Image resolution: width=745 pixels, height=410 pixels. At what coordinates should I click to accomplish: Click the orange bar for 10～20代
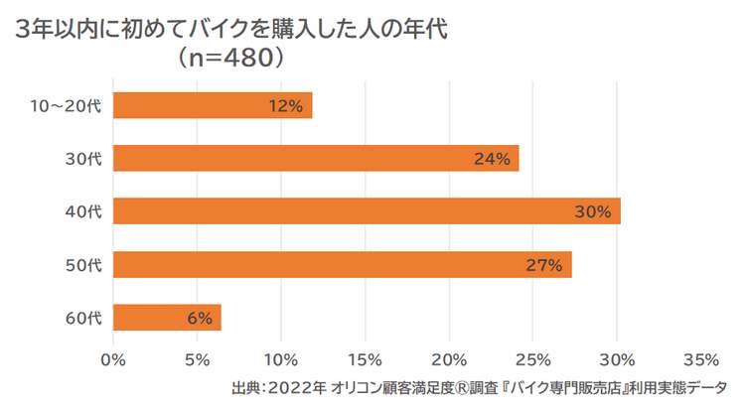[213, 105]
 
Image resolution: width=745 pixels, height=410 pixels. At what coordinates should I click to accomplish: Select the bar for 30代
[316, 158]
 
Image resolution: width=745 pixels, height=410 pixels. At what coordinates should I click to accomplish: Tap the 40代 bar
[367, 211]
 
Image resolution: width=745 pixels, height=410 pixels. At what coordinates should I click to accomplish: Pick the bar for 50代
[342, 264]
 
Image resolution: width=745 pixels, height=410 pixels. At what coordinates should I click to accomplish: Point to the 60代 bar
[167, 318]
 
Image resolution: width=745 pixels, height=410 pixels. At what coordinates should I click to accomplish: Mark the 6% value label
[199, 319]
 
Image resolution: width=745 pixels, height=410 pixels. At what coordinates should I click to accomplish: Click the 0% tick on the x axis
[114, 358]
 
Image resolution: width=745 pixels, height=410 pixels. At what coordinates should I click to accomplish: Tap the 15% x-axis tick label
[366, 358]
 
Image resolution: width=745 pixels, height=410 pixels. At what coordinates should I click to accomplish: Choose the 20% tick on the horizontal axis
[450, 358]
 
